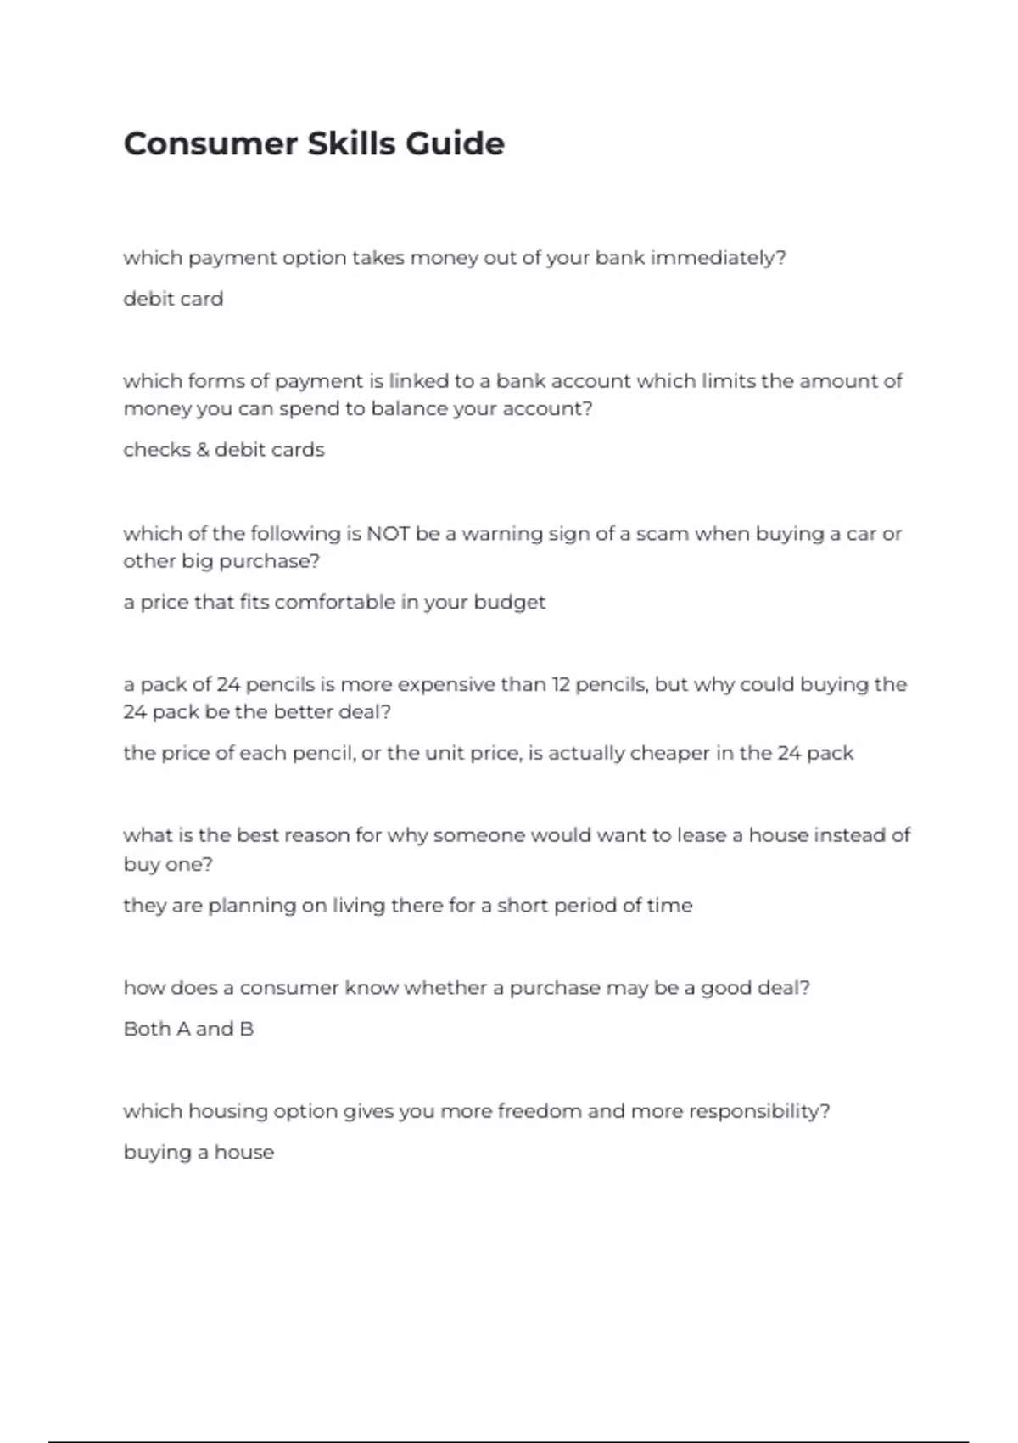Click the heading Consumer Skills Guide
pos(314,143)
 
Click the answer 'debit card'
pos(173,299)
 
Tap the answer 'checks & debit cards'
pos(224,450)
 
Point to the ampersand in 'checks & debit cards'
pos(203,450)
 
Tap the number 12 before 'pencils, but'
pos(561,684)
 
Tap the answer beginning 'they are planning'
pos(407,906)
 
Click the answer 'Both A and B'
pos(188,1029)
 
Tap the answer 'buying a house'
pos(199,1153)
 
